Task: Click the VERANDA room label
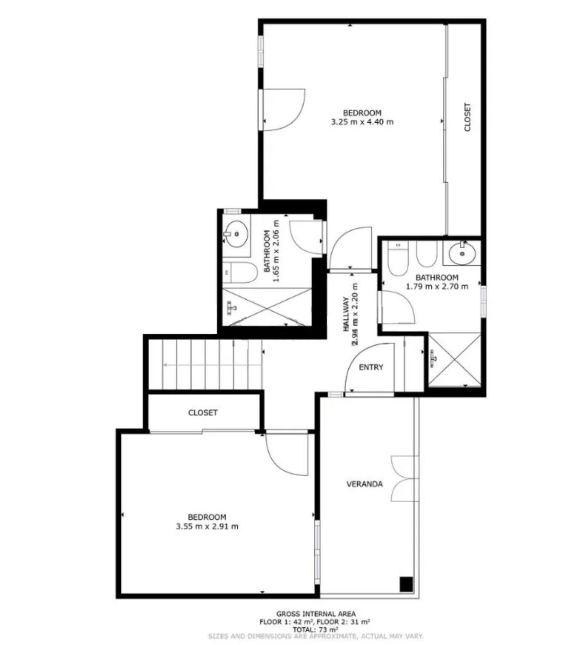click(365, 484)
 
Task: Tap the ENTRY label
click(371, 367)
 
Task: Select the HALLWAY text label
click(346, 315)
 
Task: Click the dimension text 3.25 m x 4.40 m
click(362, 122)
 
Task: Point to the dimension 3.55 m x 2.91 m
click(207, 526)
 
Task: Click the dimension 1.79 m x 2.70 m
click(437, 287)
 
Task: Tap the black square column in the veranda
click(406, 584)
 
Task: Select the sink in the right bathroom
click(462, 252)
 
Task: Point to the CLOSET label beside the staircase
click(203, 413)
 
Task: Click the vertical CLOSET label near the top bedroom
click(467, 117)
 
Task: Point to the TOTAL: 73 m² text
click(316, 629)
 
